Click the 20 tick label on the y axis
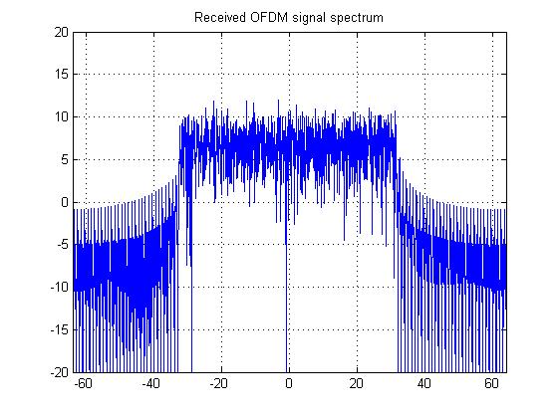coord(61,32)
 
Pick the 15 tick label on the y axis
coord(61,75)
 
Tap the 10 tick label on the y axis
coord(61,116)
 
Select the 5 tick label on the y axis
coord(64,159)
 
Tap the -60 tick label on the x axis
coord(82,383)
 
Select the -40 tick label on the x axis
coord(150,383)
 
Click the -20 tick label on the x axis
coord(219,383)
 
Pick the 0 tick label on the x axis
coord(289,383)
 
